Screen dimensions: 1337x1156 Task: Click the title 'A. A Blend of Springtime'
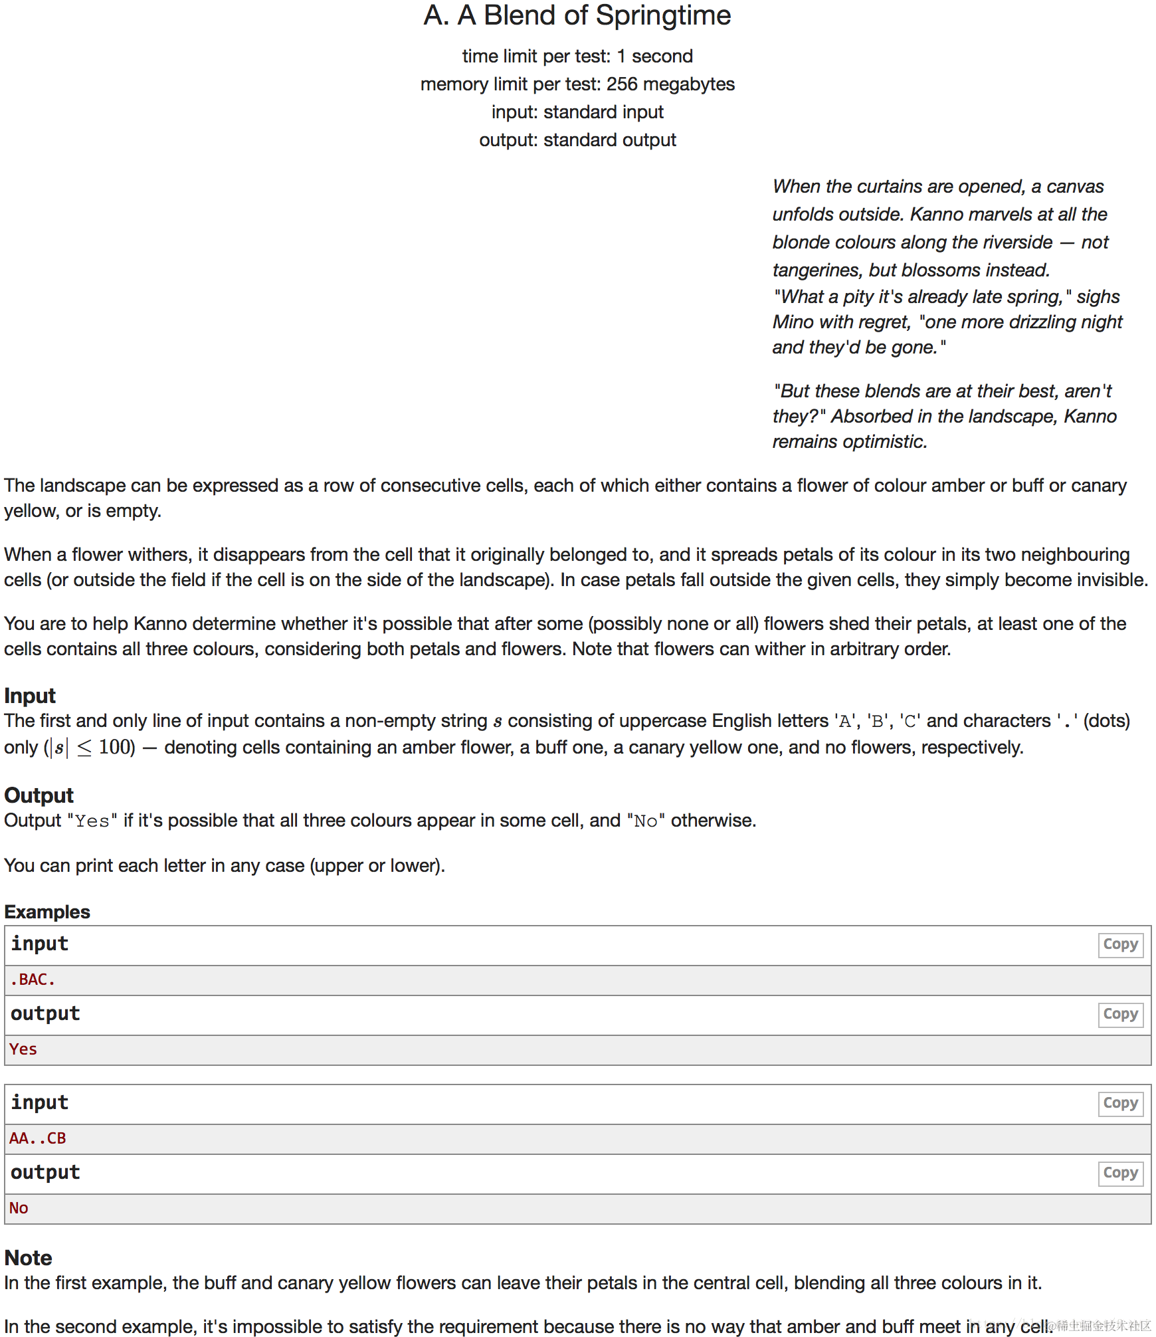pyautogui.click(x=577, y=16)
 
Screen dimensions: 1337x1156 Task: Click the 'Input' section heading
pyautogui.click(x=30, y=696)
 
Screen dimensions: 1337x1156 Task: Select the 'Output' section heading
pyautogui.click(x=39, y=795)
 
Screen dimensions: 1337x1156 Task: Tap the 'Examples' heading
pyautogui.click(x=47, y=912)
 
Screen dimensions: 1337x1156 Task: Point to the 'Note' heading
pyautogui.click(x=28, y=1258)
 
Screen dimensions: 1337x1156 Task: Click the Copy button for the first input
pyautogui.click(x=1119, y=944)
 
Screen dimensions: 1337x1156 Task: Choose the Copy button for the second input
pyautogui.click(x=1119, y=1103)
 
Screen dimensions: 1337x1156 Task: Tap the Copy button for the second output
pyautogui.click(x=1119, y=1173)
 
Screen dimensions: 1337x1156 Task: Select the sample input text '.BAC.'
pyautogui.click(x=33, y=979)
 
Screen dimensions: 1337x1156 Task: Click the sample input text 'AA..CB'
pyautogui.click(x=38, y=1138)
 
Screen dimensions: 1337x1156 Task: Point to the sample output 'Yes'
pyautogui.click(x=23, y=1049)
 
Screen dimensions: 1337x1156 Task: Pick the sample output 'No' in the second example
pyautogui.click(x=19, y=1208)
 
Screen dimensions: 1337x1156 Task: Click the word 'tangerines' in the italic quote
pyautogui.click(x=817, y=270)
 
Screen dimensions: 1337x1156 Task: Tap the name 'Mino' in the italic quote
pyautogui.click(x=793, y=322)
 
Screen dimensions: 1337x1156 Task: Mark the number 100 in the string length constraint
pyautogui.click(x=116, y=748)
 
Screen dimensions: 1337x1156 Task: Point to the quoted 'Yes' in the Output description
pyautogui.click(x=92, y=821)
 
